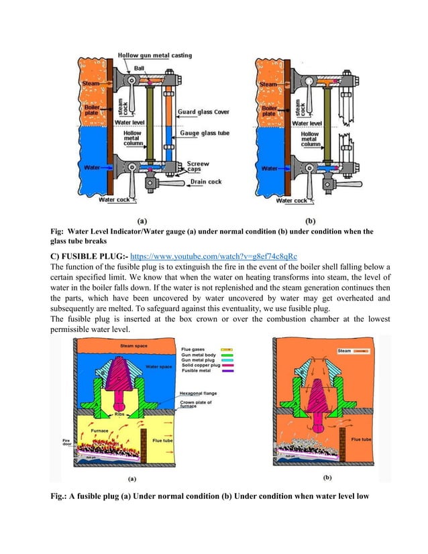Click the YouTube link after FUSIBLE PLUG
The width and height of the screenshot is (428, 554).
[230, 256]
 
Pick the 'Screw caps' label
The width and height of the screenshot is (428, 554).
[198, 166]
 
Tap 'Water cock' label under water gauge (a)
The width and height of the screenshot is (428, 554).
[115, 199]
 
